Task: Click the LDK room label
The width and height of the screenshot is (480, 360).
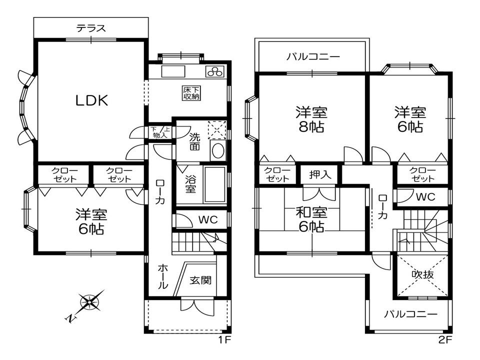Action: point(91,101)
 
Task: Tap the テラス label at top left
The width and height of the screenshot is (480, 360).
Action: point(91,28)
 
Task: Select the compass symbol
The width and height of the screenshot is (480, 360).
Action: point(89,301)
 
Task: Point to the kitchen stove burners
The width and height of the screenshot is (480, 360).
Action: point(216,71)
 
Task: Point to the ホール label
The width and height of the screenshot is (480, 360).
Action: point(162,277)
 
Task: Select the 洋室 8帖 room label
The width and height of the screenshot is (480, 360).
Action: point(309,118)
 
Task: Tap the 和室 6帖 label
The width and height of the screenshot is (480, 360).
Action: point(310,219)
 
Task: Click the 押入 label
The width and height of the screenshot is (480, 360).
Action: point(319,175)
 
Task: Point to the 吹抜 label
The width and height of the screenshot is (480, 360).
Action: point(422,274)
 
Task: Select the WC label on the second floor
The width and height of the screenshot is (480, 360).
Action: point(425,196)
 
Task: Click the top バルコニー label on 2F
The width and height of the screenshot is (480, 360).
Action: point(313,57)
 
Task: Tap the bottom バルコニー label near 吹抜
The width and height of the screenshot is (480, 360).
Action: point(410,314)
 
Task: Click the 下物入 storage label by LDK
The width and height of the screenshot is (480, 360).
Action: point(160,132)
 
